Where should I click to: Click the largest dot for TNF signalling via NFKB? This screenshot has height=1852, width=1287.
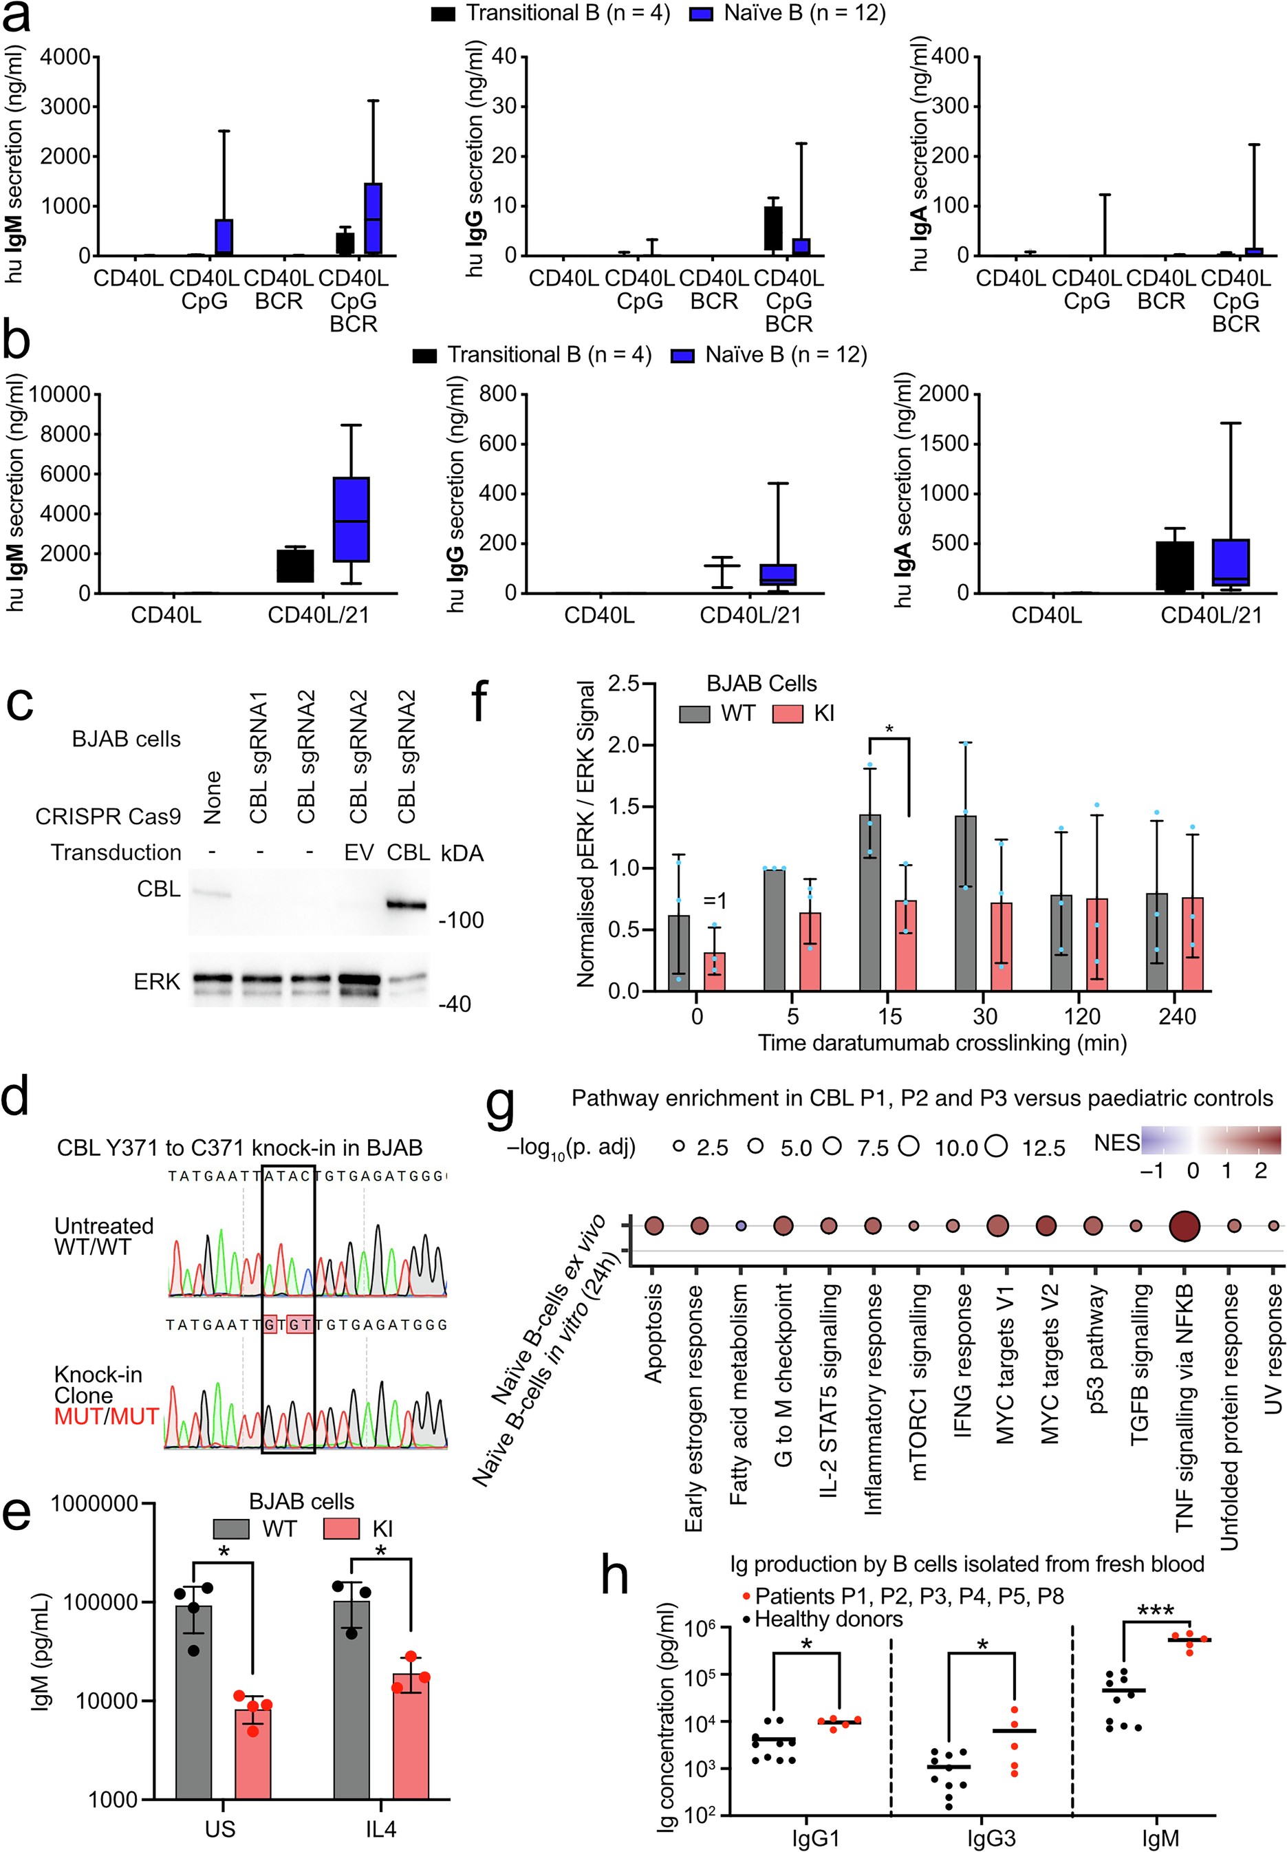pos(1184,1227)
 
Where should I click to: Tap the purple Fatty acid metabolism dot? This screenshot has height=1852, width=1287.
pos(741,1227)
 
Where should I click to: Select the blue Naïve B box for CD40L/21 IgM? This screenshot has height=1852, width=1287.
pos(352,519)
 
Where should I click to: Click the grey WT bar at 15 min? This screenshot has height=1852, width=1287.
pos(869,903)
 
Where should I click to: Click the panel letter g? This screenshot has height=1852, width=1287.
pos(500,1107)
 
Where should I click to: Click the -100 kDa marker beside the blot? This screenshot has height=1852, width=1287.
pos(462,920)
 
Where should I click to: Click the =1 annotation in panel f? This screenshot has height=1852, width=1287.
pos(715,901)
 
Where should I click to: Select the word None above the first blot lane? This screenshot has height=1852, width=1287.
pos(213,797)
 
